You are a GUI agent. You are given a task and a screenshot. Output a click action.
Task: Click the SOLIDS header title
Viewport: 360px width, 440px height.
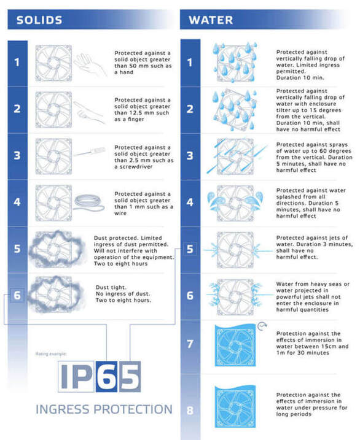point(39,20)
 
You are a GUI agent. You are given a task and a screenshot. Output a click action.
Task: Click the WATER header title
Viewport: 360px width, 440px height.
point(211,20)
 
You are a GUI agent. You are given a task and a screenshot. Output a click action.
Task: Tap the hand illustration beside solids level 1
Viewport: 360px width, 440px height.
point(90,65)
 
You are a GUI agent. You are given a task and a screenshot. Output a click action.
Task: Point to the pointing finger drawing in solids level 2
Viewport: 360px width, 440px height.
point(89,112)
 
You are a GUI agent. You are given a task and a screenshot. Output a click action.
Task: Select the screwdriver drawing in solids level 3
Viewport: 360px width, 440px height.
point(90,152)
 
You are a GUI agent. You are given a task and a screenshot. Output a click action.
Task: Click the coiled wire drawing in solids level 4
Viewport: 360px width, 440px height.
point(89,203)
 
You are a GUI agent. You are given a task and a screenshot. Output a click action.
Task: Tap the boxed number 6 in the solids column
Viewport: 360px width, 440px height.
point(17,295)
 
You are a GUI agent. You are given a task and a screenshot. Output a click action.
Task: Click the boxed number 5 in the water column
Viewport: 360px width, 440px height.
point(190,249)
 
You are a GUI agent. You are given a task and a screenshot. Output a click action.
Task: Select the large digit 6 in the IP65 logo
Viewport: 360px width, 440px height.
point(106,376)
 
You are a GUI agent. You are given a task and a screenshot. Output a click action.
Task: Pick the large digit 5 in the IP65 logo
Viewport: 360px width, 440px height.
point(130,376)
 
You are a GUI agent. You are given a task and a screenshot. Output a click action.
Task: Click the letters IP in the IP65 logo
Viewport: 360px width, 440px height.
point(76,376)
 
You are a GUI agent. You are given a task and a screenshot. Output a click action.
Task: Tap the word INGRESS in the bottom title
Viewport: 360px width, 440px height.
point(63,409)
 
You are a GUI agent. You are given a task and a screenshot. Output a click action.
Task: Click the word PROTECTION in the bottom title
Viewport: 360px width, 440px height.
point(133,409)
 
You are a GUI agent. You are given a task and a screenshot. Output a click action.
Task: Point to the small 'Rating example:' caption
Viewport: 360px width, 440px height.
point(51,354)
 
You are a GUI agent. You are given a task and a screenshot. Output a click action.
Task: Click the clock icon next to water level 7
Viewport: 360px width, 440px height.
point(262,326)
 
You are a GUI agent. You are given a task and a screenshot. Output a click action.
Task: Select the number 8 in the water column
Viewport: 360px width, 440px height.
point(190,411)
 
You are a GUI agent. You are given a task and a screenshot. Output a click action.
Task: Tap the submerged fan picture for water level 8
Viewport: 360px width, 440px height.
point(235,407)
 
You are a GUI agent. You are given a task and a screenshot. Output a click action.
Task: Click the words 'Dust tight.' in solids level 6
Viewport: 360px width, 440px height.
point(111,287)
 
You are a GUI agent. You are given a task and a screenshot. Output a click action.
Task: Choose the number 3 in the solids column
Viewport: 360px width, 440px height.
point(17,155)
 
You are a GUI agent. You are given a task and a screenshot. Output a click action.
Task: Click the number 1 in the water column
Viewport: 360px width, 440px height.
point(190,63)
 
